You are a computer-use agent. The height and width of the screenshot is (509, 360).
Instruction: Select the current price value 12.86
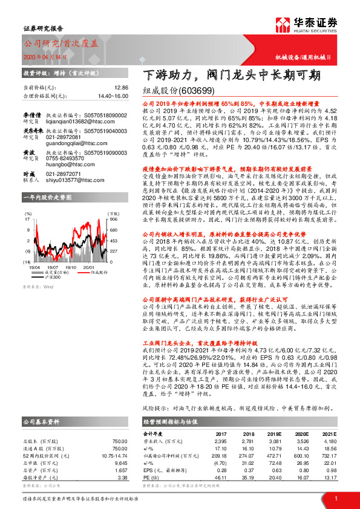[121, 88]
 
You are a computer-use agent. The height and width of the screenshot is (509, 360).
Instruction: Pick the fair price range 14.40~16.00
[111, 96]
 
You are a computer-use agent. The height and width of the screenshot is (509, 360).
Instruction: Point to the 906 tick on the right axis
[113, 220]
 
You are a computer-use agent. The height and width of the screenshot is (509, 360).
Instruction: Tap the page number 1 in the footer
[335, 498]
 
